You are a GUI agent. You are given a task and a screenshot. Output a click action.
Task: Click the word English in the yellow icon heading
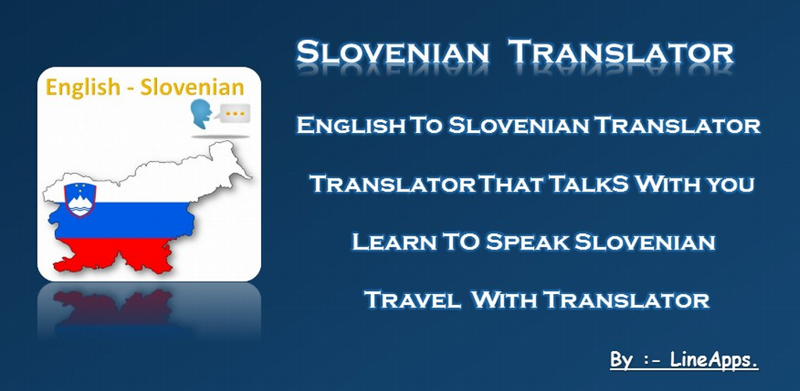pyautogui.click(x=80, y=88)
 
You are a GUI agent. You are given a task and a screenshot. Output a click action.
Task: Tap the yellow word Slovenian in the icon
pyautogui.click(x=191, y=87)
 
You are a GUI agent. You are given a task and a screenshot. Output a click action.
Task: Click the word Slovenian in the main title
pyautogui.click(x=392, y=53)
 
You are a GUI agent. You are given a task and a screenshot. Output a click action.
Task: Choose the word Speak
pyautogui.click(x=528, y=242)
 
